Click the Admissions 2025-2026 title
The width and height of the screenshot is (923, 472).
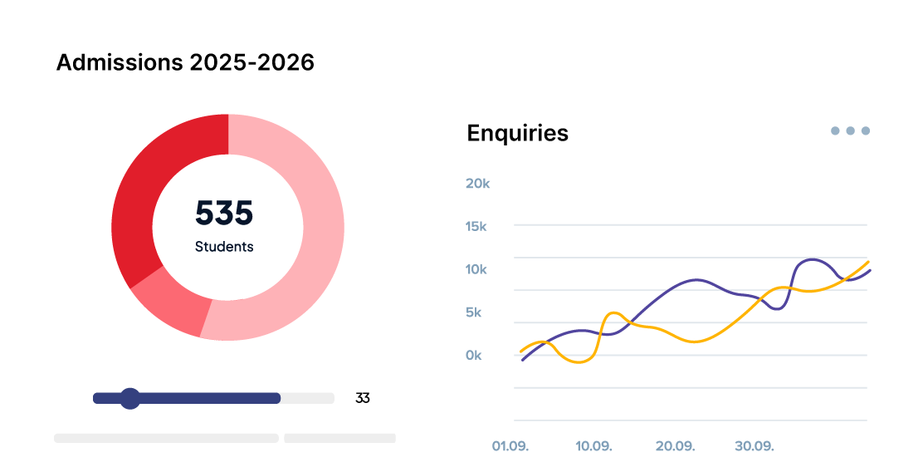[x=185, y=62]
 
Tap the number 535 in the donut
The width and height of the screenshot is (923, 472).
[x=224, y=214]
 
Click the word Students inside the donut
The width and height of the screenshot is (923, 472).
[x=224, y=247]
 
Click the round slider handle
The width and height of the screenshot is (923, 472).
[x=129, y=398]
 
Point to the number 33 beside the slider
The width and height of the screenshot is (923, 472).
[x=362, y=398]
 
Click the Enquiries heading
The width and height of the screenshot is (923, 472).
[x=517, y=133]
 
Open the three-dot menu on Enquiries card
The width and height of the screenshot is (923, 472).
[x=851, y=130]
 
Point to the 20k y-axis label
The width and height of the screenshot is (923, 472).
[x=477, y=183]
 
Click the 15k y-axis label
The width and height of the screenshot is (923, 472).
[x=476, y=226]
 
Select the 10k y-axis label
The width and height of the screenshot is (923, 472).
[x=476, y=269]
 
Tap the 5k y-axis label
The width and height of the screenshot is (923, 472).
[x=473, y=312]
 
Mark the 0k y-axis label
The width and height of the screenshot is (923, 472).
[x=473, y=356]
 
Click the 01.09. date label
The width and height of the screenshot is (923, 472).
[x=510, y=446]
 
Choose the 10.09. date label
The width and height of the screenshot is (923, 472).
[x=593, y=446]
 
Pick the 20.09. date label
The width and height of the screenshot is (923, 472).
[x=675, y=446]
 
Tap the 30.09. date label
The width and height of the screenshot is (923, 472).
[x=754, y=446]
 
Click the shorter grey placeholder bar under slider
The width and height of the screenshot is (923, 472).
[x=339, y=438]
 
